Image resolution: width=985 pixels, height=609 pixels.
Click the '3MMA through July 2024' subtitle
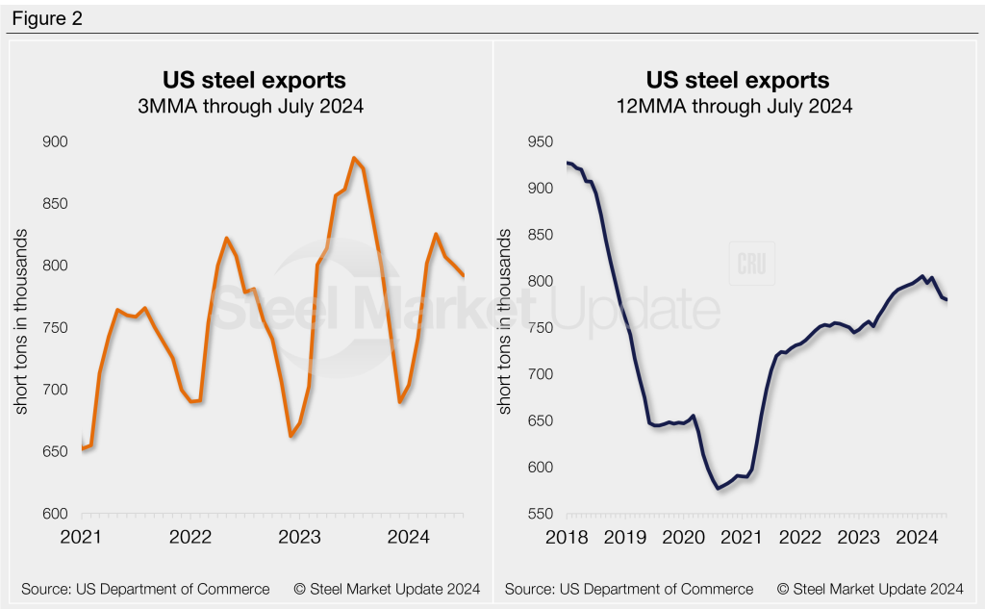pos(250,107)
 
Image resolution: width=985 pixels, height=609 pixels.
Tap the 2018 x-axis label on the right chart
pos(568,536)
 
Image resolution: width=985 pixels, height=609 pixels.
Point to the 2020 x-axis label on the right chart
pos(687,536)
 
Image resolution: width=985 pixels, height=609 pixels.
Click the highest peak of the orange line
pos(354,158)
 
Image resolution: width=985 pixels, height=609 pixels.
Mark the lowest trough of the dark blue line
pos(718,489)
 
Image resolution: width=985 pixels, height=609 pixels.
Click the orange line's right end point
pos(464,276)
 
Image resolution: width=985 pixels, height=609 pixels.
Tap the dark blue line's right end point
pos(947,300)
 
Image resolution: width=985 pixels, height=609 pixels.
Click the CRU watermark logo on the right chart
pos(750,266)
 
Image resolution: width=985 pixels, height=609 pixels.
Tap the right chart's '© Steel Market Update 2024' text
pos(871,588)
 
